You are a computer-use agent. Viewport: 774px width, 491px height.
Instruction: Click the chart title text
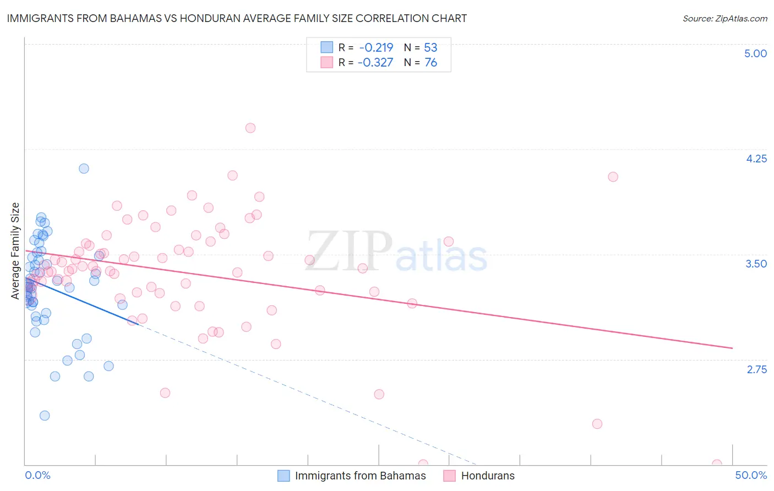237,18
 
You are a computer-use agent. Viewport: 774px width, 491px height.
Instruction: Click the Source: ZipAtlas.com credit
724,18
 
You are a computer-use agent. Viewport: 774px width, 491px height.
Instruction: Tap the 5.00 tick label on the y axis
755,53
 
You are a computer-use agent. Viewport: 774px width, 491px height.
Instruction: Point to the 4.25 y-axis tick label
756,159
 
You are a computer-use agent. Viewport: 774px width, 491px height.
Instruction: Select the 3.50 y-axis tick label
756,264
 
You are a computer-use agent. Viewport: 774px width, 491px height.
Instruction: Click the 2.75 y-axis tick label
756,369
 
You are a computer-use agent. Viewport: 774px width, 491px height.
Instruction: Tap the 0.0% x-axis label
37,475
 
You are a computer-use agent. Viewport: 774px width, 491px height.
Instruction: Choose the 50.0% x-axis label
751,475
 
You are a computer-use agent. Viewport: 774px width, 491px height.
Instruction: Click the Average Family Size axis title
15,251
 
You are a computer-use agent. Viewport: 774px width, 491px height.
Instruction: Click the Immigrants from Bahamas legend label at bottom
360,476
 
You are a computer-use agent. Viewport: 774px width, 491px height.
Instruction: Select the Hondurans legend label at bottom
488,476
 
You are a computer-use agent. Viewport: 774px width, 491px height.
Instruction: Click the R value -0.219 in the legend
375,47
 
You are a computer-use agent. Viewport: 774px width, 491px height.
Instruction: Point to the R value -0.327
375,63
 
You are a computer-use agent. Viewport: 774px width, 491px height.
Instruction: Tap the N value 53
430,47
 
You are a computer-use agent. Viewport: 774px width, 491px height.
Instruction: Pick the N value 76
430,63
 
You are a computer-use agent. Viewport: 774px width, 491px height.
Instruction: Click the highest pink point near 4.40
250,128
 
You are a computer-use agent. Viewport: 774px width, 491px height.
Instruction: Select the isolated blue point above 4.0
84,168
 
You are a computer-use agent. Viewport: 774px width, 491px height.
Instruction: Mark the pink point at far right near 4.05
613,177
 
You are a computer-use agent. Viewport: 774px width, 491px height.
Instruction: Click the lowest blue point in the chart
45,416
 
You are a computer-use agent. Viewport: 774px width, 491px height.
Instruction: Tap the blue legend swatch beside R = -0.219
327,47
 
